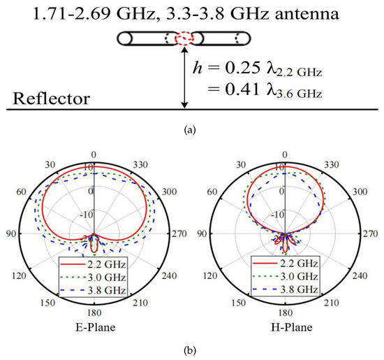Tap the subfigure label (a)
pos(193,128)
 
